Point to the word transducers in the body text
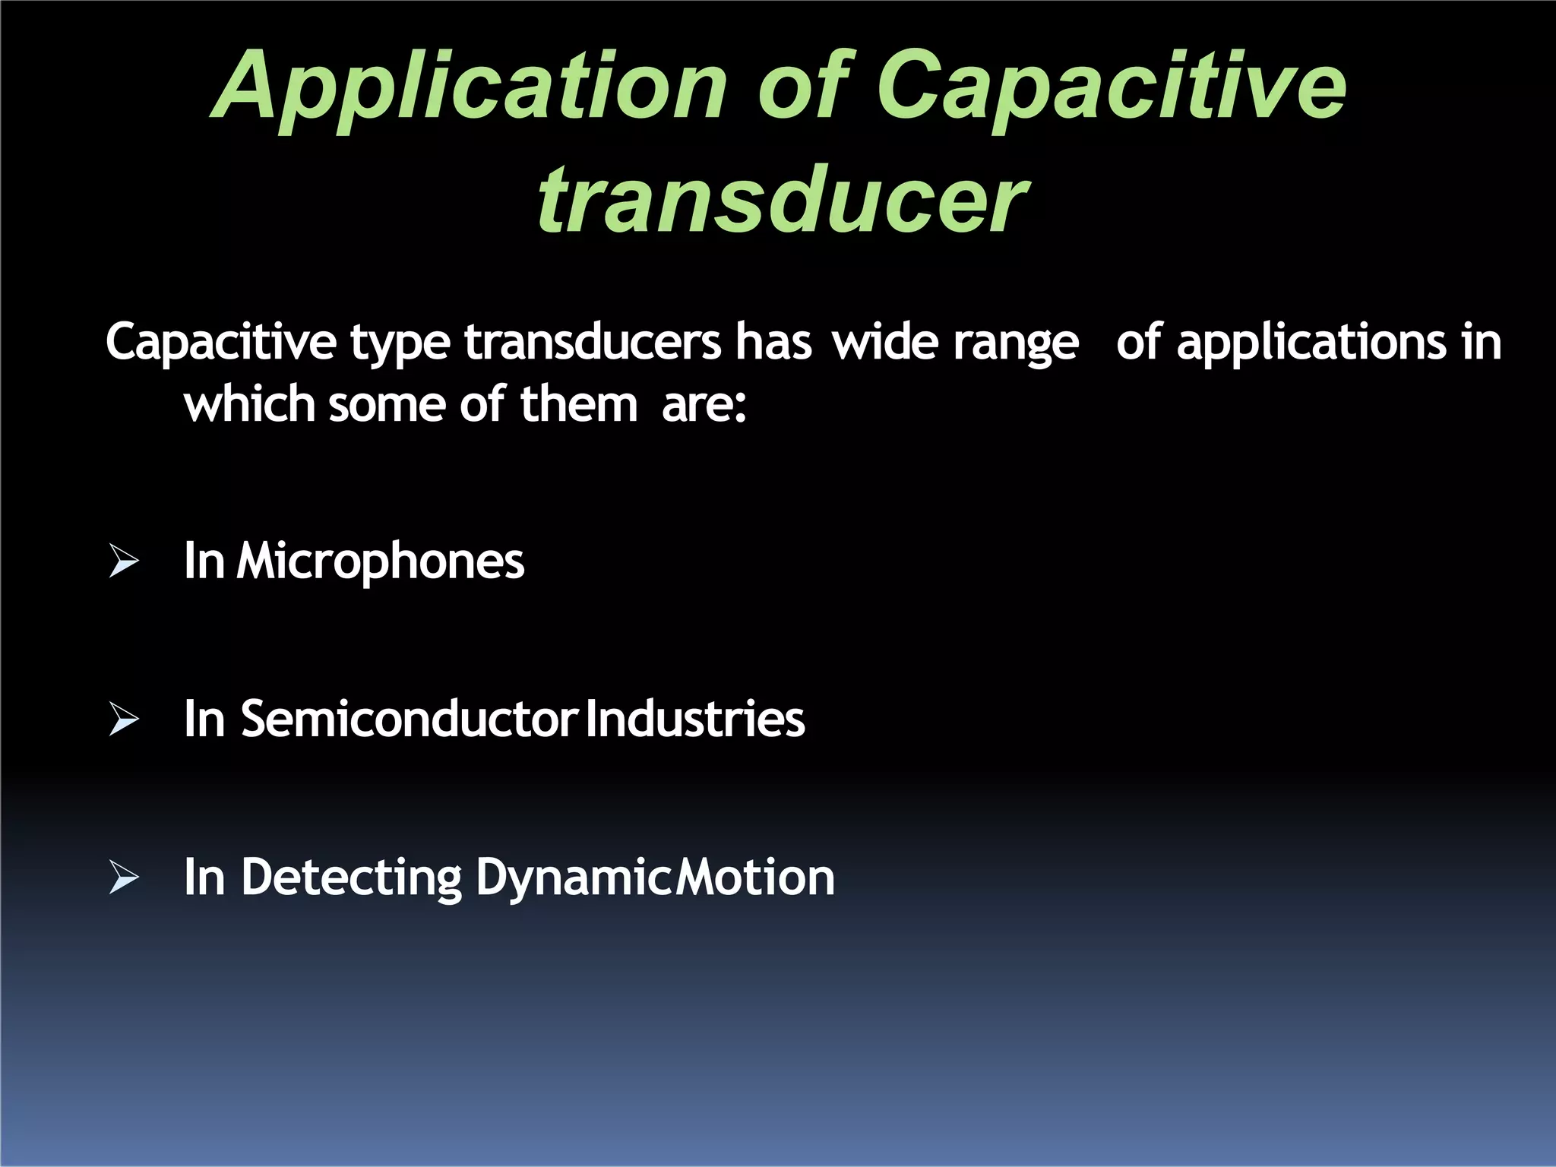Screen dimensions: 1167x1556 [592, 343]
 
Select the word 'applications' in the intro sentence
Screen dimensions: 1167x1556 [1311, 343]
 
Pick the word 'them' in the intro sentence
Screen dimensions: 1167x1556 [578, 404]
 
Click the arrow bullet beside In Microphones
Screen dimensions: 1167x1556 [123, 561]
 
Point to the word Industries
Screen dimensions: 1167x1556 [695, 719]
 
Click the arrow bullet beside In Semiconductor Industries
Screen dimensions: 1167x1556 [123, 719]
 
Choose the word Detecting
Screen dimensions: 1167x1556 [351, 878]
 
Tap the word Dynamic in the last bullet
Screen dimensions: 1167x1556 [574, 878]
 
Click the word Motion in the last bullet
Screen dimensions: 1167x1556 [755, 878]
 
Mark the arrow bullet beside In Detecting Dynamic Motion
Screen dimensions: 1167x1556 [123, 877]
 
